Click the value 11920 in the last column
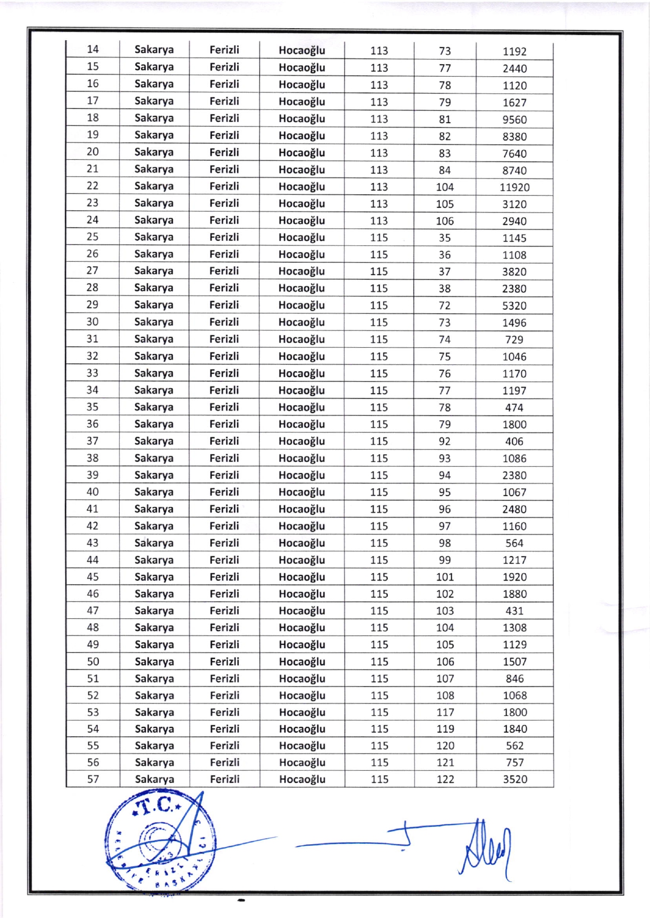[514, 187]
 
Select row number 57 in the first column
[93, 779]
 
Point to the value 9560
[514, 120]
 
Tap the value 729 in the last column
[514, 339]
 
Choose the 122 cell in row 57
[445, 779]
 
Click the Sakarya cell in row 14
[154, 50]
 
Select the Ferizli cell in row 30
[224, 322]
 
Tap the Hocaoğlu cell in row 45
[301, 577]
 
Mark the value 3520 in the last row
[515, 779]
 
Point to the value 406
[514, 441]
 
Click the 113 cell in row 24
[379, 221]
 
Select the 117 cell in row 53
[445, 712]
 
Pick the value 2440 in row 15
[514, 68]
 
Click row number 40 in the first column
[92, 492]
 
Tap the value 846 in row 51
[515, 678]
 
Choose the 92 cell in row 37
[445, 441]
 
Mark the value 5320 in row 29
[514, 305]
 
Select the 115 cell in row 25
[379, 238]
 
